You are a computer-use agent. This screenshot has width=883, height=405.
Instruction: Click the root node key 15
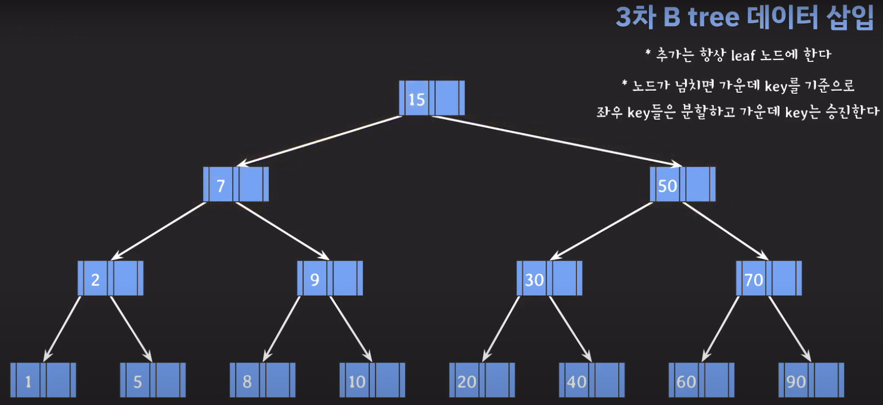coord(416,99)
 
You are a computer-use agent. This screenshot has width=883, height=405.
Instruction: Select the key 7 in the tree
coord(221,185)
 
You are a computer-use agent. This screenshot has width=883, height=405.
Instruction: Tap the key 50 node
coord(667,185)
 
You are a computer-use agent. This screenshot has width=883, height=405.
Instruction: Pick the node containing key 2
coord(95,279)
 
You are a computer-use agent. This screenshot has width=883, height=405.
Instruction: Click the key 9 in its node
coord(314,279)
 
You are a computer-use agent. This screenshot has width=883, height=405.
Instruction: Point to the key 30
coord(534,279)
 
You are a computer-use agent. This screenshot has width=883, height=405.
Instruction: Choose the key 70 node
coord(753,279)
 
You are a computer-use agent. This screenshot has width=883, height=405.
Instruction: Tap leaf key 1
coord(28,381)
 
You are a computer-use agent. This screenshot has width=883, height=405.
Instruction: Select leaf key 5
coord(138,381)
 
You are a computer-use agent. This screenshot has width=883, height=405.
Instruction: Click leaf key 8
coord(247,381)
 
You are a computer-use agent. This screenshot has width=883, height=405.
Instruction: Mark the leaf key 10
coord(357,381)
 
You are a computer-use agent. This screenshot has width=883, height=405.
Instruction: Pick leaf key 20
coord(467,381)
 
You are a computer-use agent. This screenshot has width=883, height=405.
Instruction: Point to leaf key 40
coord(576,381)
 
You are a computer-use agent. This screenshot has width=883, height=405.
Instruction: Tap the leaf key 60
coord(686,381)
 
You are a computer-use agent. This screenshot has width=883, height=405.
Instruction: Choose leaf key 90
coord(796,381)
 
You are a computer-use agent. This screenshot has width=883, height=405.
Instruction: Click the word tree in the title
coord(713,17)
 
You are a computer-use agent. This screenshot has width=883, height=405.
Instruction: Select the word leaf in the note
coord(742,55)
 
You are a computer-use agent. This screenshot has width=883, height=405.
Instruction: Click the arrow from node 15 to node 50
coord(555,140)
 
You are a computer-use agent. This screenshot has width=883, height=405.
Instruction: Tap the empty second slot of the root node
coord(447,98)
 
